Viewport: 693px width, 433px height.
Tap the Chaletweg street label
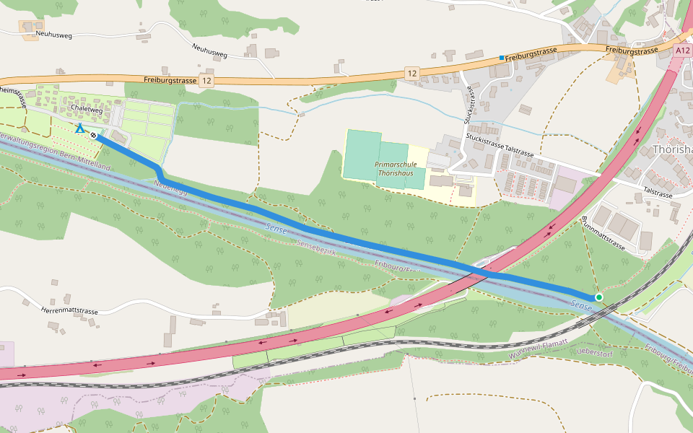[x=87, y=108]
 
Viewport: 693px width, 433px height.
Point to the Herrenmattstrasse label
[x=69, y=311]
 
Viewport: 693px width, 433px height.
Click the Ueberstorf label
[x=596, y=351]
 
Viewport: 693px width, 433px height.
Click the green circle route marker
[x=598, y=297]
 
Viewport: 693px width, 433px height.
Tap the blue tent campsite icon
[x=80, y=128]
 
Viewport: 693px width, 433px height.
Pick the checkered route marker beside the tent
[x=94, y=134]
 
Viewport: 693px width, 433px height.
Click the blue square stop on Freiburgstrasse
[x=501, y=58]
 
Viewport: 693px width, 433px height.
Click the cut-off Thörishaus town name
[x=671, y=149]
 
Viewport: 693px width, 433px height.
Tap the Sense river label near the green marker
[x=581, y=307]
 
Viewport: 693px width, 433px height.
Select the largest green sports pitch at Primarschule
[x=363, y=154]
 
